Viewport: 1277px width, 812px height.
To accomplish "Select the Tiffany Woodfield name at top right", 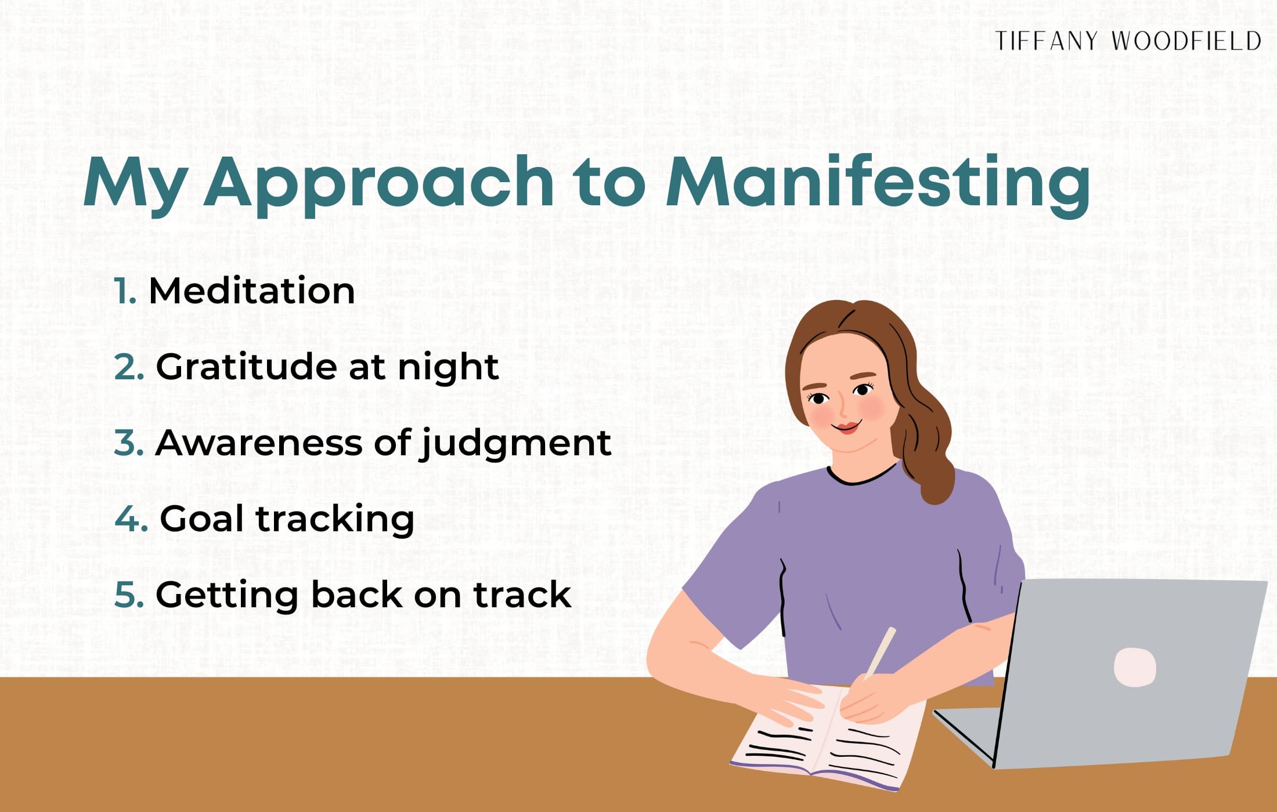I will coord(1128,41).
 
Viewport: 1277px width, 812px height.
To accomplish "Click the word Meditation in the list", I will coord(251,291).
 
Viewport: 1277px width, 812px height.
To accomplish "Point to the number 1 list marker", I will coord(124,291).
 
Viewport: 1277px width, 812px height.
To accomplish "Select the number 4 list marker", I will coord(131,519).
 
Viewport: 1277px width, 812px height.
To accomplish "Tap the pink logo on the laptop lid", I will coord(1134,667).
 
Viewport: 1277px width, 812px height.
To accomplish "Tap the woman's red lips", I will coord(847,428).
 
